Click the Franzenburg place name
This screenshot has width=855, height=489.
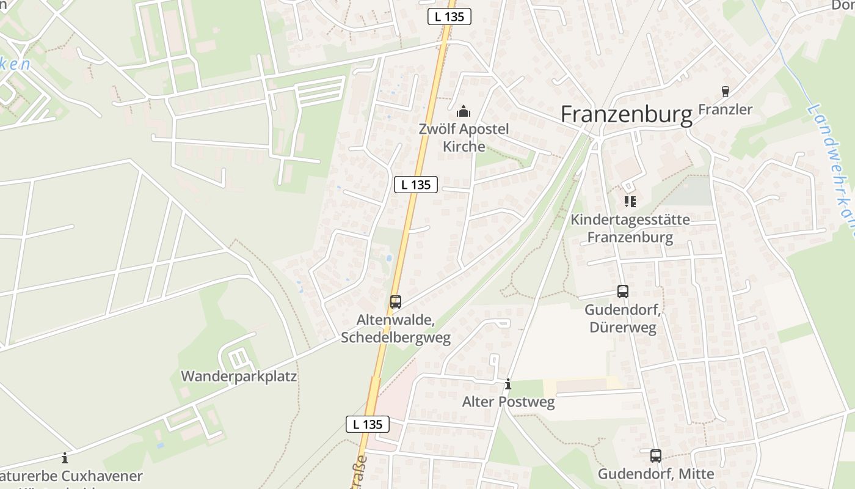627,114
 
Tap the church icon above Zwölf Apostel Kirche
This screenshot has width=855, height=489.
464,112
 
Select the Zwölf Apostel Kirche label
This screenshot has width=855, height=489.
464,138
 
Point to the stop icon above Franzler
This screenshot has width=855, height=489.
726,92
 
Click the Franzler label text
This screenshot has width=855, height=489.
725,109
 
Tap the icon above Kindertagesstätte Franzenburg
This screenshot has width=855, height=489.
630,201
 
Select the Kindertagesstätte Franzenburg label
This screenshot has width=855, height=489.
630,229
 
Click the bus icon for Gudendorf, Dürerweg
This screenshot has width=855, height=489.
623,292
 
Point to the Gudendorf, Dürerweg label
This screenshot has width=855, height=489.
623,318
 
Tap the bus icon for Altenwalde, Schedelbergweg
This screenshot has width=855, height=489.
396,301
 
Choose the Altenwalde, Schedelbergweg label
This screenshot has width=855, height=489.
396,329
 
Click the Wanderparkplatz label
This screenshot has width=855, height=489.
239,376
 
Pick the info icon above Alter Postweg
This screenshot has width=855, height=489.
508,384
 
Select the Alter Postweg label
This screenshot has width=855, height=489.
508,402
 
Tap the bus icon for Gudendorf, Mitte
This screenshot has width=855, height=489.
655,455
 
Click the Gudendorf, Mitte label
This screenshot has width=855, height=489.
655,474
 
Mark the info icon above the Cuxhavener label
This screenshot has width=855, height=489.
65,458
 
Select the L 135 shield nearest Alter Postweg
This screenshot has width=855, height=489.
368,424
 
